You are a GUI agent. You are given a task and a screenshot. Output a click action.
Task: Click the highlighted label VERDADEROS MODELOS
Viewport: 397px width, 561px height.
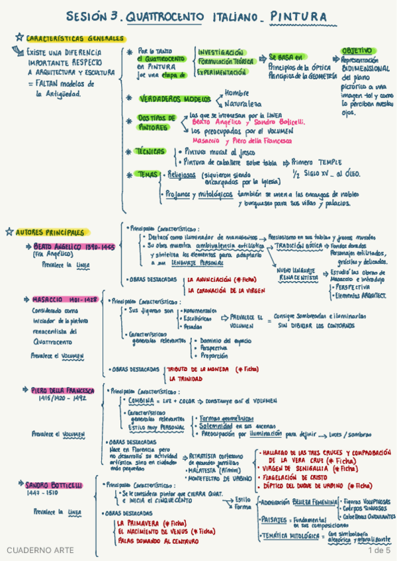pos(174,99)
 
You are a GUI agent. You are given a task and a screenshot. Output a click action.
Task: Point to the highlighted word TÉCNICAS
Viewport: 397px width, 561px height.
pos(151,151)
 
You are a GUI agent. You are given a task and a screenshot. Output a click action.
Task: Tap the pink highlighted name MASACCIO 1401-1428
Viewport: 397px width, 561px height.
pos(65,300)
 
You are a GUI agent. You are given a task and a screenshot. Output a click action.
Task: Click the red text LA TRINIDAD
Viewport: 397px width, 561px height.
pos(185,379)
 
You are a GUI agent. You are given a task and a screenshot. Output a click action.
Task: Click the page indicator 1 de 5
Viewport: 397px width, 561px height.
pos(380,550)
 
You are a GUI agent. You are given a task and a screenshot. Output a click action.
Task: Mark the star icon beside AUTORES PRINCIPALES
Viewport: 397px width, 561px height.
pos(9,232)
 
